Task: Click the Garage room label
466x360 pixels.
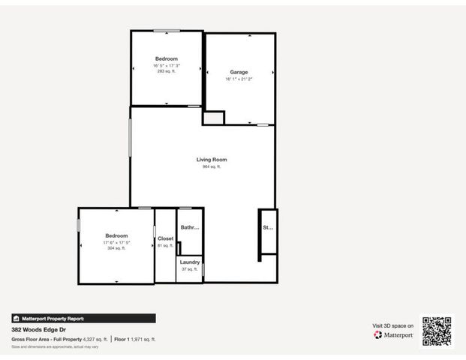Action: coord(239,72)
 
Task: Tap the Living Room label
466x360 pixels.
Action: coord(212,160)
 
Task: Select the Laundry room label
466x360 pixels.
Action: coord(190,262)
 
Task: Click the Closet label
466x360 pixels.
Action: coord(166,238)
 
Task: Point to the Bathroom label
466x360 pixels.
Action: coord(190,227)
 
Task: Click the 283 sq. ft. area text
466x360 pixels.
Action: coord(166,71)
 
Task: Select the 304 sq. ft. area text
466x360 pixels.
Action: coord(116,248)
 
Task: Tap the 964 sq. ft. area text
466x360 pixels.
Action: coord(212,166)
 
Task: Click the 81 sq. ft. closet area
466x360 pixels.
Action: coord(166,245)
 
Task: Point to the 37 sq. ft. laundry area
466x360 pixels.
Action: coord(190,268)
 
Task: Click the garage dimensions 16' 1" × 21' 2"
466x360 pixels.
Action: coord(239,79)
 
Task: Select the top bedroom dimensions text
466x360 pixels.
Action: coord(166,65)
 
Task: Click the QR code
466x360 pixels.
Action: coord(437,331)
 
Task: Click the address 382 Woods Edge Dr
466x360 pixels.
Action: coord(37,329)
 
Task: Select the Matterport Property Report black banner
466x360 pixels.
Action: coord(83,318)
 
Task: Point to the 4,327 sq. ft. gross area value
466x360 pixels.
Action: coord(95,339)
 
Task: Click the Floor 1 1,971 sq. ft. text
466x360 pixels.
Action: coord(135,339)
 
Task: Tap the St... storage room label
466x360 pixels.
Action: coord(267,227)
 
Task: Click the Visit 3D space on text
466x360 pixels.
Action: coord(393,325)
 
